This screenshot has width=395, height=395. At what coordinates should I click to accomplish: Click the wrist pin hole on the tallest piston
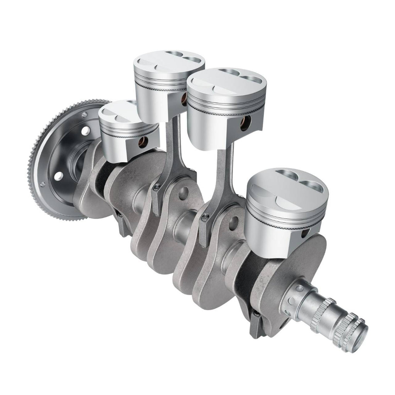click(184, 101)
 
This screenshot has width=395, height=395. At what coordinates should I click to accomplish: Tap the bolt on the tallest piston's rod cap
click(156, 188)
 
